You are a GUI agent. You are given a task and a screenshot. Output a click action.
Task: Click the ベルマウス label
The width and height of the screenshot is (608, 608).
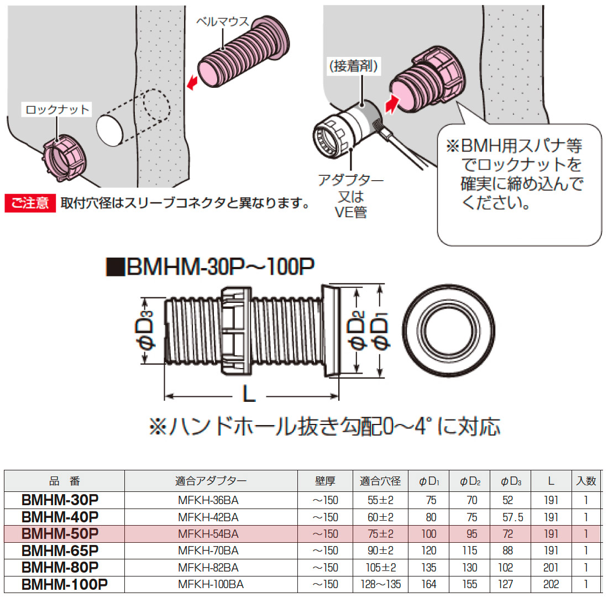pos(222,22)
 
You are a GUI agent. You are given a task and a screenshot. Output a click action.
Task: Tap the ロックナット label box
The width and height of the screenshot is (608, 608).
pos(57,109)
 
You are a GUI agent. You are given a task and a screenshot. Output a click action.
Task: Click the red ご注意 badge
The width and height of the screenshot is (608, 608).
pos(30,203)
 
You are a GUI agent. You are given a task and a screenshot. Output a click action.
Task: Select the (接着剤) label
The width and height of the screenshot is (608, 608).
pos(354,66)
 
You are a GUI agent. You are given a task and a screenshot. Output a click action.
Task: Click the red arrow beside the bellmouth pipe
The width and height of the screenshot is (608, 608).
pos(192,83)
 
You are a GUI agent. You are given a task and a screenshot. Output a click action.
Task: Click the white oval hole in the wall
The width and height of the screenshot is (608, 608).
pos(111,131)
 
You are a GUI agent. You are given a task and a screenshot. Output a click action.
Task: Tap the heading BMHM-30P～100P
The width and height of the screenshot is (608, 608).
pos(211,268)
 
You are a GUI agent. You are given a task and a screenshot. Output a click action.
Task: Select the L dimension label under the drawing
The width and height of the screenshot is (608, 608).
pos(249,395)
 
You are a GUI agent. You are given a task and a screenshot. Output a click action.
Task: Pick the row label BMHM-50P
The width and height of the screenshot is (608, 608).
pos(60,534)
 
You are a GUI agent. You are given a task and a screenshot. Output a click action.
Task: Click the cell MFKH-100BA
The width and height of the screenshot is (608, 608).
pos(211,584)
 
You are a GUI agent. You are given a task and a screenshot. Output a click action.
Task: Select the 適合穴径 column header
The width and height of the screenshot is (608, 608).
pos(380,481)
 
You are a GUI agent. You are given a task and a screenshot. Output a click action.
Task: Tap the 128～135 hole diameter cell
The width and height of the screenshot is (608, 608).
pos(380,584)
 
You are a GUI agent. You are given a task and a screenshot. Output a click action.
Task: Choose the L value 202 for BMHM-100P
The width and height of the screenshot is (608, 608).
pos(551,584)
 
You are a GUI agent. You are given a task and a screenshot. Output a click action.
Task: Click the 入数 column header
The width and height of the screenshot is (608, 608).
pos(586,481)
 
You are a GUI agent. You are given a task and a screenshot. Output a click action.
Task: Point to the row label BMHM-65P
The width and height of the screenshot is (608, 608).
pos(60,551)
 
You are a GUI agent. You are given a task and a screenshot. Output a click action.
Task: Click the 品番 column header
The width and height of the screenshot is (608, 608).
pos(65,481)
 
